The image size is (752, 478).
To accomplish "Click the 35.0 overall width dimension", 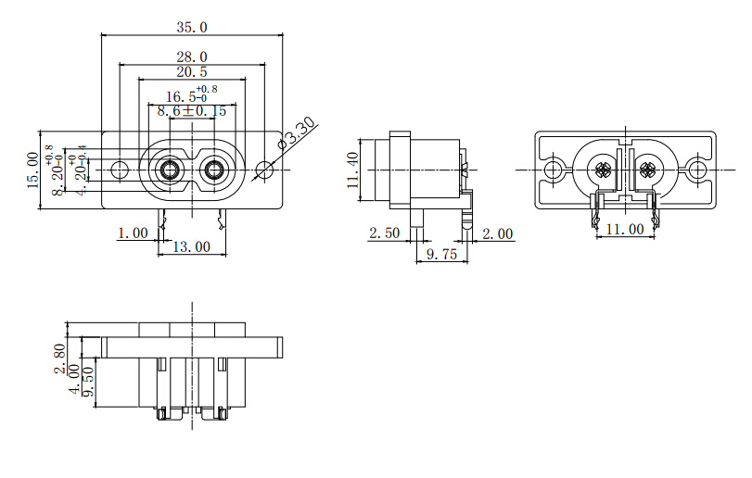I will tap(191, 27).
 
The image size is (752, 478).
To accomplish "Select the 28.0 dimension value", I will tap(191, 57).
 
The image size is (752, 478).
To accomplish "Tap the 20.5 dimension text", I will tap(191, 72).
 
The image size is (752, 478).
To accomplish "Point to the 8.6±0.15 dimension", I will tap(191, 110).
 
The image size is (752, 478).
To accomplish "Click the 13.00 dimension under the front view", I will tap(191, 247).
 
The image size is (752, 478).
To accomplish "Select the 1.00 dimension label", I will tap(133, 233).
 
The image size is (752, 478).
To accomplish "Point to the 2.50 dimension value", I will tap(384, 233).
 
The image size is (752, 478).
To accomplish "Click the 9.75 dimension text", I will tap(441, 255).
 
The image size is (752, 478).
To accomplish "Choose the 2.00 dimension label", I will tap(498, 233).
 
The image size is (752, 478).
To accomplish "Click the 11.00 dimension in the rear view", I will tap(624, 229).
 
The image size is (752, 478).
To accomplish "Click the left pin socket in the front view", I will tap(169, 170).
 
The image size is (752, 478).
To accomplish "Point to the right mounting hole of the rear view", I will tap(695, 170).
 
